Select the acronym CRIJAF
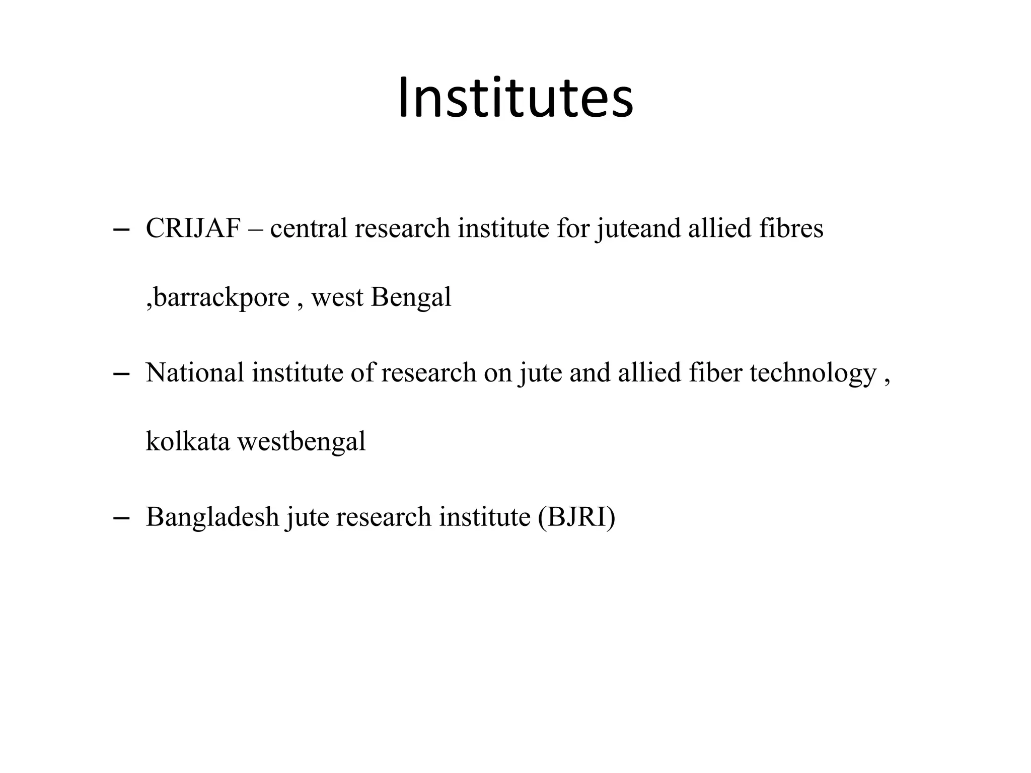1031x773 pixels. pos(193,228)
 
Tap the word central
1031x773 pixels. pos(309,228)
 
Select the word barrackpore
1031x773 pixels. pos(221,297)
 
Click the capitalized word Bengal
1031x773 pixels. pos(411,297)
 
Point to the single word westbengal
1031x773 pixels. pos(301,441)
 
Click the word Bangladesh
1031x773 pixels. pos(212,517)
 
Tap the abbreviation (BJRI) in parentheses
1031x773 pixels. pos(576,517)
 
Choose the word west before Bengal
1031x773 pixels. pos(337,297)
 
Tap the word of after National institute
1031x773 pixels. pos(362,373)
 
